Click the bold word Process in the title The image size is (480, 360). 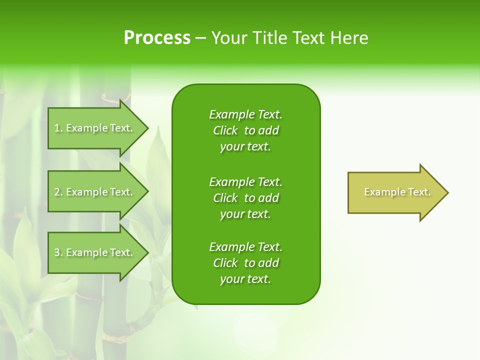tap(157, 38)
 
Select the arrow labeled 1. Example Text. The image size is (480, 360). tap(95, 128)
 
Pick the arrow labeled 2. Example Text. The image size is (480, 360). tap(95, 192)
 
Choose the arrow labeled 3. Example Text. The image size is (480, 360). tap(95, 252)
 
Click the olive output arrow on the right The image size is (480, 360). tap(395, 192)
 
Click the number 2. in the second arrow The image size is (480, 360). tap(58, 192)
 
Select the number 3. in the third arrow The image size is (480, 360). tap(58, 252)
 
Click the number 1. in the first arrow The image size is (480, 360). tap(58, 128)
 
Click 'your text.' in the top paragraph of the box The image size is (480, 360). tap(245, 147)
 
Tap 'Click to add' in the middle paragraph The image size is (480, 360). tap(245, 198)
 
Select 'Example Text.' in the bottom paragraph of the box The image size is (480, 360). tap(245, 247)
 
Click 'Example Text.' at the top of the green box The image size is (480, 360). tap(245, 114)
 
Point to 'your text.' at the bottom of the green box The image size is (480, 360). tap(245, 279)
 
